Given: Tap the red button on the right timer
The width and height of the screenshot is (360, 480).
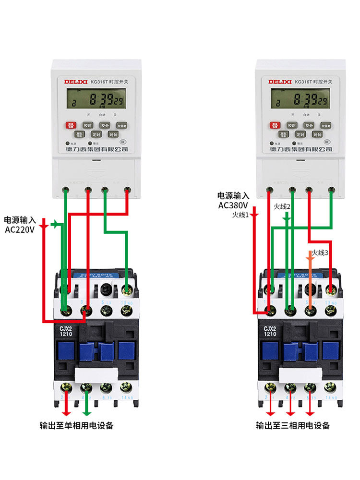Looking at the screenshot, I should click(x=275, y=125).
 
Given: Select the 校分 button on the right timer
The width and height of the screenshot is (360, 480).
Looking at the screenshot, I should click(x=308, y=125).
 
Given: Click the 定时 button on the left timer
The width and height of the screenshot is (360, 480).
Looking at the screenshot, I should click(x=96, y=135).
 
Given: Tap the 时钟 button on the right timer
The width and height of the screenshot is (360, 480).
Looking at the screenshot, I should click(x=317, y=135).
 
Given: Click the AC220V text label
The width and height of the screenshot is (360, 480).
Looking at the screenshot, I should click(x=20, y=230).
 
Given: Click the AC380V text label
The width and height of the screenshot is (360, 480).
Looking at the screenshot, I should click(x=233, y=205).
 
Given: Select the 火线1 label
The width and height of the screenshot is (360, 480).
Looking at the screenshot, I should click(x=240, y=215).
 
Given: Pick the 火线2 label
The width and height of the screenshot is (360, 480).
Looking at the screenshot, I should click(x=282, y=206).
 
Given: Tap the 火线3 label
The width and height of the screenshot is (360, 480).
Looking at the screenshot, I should click(x=320, y=252).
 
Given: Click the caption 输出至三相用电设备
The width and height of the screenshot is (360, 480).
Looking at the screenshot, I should click(x=293, y=425).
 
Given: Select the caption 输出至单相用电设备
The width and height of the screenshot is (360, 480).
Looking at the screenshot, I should click(x=77, y=425).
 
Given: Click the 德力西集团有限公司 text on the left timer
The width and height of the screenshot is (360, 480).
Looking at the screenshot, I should click(x=96, y=149).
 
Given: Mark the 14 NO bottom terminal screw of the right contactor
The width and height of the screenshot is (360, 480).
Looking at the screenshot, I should click(x=330, y=387).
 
